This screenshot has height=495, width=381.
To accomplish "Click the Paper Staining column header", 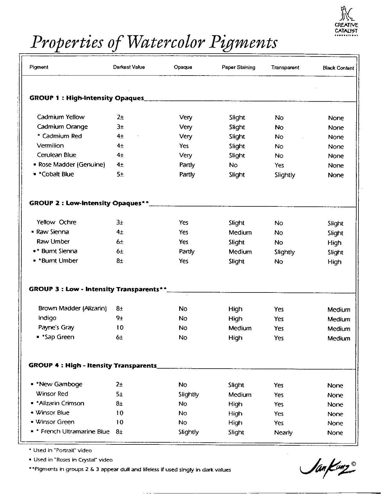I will pos(238,67).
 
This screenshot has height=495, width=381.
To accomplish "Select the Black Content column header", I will pos(338,68).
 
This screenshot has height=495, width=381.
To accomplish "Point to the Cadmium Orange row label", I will pos(62,127).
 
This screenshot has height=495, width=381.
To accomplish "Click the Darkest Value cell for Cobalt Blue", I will pos(120,174).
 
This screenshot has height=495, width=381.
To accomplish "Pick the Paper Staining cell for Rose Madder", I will pos(233,165).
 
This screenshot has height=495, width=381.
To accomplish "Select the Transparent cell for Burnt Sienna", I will pos(284,252).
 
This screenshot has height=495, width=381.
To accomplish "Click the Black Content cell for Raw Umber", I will pos(334,243).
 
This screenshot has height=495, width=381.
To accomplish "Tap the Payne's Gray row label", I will pos(56,327).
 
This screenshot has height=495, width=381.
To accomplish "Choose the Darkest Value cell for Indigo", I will pos(120,318).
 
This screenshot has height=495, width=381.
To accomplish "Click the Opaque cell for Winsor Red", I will pos(189,394).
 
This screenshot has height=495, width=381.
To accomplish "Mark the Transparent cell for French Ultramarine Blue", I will pos(283,432).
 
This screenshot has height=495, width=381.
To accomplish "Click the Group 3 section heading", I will pos(98,289).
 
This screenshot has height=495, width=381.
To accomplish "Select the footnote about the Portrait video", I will pos(60,450).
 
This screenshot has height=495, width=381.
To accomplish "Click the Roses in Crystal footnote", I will pos(70,460).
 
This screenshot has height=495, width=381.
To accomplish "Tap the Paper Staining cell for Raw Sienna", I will pos(240,232).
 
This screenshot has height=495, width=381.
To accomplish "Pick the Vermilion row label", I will pos(50,146).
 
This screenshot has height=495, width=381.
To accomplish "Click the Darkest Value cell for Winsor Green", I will pos(120,422).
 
